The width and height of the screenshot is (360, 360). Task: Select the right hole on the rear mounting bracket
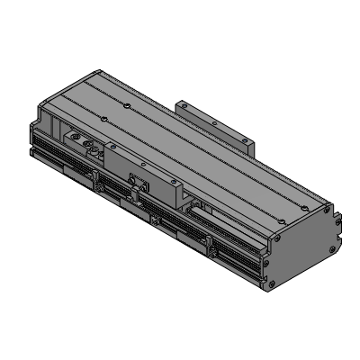pos(243,140)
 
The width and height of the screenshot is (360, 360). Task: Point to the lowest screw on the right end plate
pos(267,287)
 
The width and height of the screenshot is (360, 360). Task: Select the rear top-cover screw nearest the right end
pos(310,209)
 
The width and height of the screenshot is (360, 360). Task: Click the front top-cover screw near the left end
pos(104,118)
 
